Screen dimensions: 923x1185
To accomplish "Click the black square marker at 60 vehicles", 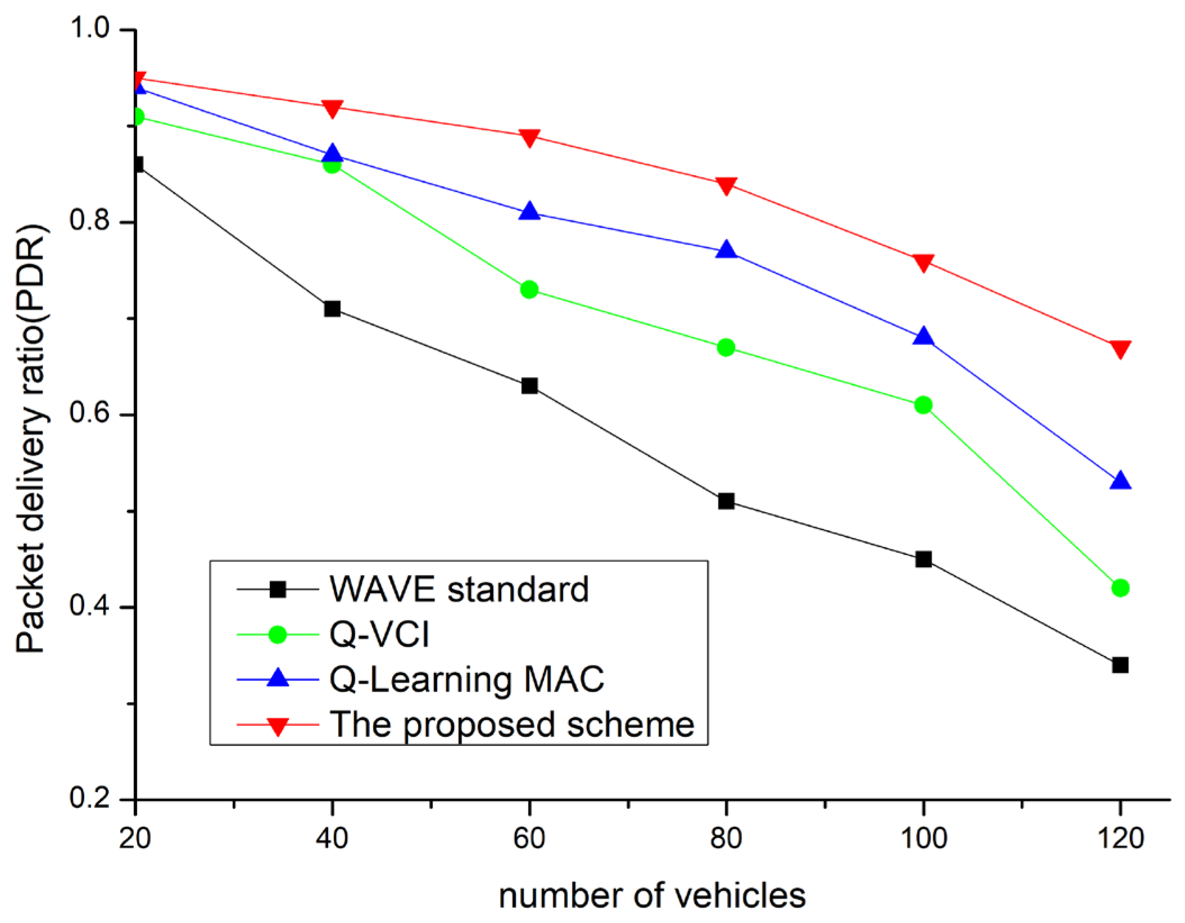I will pyautogui.click(x=529, y=386).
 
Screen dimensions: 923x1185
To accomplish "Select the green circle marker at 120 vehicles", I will pyautogui.click(x=1120, y=588).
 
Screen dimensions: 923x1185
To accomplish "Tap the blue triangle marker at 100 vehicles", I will pyautogui.click(x=923, y=337).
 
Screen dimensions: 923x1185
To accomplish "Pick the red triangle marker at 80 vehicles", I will pyautogui.click(x=726, y=185).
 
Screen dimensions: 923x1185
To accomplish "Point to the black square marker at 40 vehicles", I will pyautogui.click(x=332, y=309).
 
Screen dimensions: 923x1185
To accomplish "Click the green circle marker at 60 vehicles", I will pyautogui.click(x=529, y=289).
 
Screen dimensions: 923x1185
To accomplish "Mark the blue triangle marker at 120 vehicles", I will pyautogui.click(x=1120, y=481).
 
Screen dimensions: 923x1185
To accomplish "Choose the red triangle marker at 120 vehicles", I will pyautogui.click(x=1120, y=349).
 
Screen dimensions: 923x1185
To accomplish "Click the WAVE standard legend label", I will pyautogui.click(x=458, y=590).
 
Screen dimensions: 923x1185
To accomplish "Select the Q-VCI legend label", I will pyautogui.click(x=379, y=635).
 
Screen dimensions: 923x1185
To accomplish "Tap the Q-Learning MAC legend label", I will pyautogui.click(x=466, y=679).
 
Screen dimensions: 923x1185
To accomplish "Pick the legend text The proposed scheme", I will pyautogui.click(x=511, y=724).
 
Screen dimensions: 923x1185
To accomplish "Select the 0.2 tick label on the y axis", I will pyautogui.click(x=89, y=798).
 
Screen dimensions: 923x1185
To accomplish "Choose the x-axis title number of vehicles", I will pyautogui.click(x=652, y=895).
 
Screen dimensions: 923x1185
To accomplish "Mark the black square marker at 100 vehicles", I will pyautogui.click(x=923, y=559).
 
